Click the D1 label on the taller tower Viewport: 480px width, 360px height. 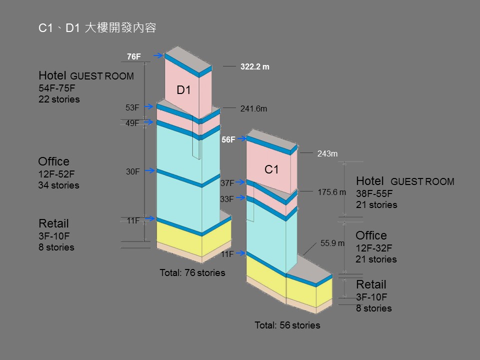tap(184, 90)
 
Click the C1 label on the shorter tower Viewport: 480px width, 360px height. tap(271, 170)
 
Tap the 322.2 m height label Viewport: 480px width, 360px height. tap(255, 66)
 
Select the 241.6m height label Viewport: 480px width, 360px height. tap(253, 108)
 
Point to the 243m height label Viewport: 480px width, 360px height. tap(327, 154)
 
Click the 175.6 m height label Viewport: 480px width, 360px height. tap(331, 191)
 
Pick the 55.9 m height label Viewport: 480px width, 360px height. tap(332, 243)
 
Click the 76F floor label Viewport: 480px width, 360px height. tap(133, 56)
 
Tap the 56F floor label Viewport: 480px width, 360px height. tap(228, 140)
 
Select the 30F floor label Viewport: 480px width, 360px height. tap(132, 171)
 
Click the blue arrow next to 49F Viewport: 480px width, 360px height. tap(148, 122)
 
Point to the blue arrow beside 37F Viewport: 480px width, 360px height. tap(241, 182)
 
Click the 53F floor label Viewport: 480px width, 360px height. tap(132, 107)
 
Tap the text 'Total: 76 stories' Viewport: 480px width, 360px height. tap(192, 273)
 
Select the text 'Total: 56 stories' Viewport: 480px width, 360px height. tap(287, 325)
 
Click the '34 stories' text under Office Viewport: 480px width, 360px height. tap(58, 185)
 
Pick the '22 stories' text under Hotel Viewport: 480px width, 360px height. tap(59, 99)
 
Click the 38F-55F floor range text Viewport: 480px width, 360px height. tap(374, 193)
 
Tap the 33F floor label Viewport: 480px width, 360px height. tap(227, 199)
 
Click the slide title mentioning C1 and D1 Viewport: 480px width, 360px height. tap(97, 28)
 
